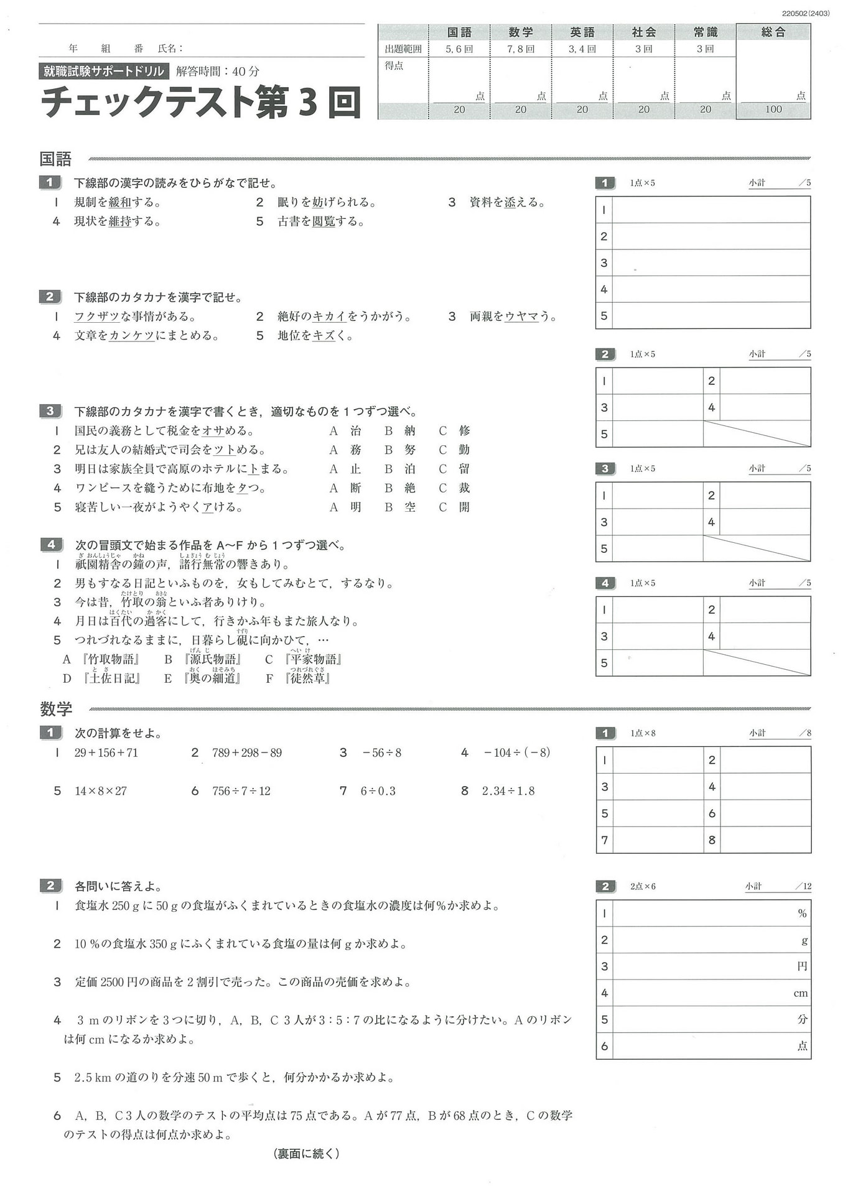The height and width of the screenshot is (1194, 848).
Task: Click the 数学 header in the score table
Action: (520, 32)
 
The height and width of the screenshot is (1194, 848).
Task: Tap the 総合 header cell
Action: (773, 32)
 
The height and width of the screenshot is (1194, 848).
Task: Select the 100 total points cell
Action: (773, 110)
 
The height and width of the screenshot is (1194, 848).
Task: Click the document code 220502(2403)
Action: (806, 13)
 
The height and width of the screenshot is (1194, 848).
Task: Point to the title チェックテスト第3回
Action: (201, 101)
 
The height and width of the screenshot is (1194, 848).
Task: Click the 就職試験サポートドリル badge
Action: (103, 72)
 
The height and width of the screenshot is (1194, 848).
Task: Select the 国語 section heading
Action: (55, 159)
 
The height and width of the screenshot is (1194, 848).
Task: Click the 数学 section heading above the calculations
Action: (56, 709)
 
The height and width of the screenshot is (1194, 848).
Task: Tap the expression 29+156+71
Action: (106, 753)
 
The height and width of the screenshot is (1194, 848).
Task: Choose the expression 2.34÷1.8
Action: (508, 791)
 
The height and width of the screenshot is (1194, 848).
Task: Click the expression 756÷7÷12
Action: (241, 791)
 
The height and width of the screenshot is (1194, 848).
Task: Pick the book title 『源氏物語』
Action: (213, 660)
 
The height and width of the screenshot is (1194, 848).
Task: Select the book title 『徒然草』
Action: (307, 678)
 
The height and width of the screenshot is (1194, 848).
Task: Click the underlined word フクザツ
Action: (97, 317)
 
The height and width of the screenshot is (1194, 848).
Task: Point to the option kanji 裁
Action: (464, 488)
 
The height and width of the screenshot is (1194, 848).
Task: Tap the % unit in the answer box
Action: (802, 914)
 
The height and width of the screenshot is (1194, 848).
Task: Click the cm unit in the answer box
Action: (801, 993)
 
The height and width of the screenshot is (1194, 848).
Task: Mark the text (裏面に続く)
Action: (307, 1154)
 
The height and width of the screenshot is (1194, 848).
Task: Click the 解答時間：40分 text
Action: (218, 72)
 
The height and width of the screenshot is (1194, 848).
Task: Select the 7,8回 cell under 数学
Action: (520, 49)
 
